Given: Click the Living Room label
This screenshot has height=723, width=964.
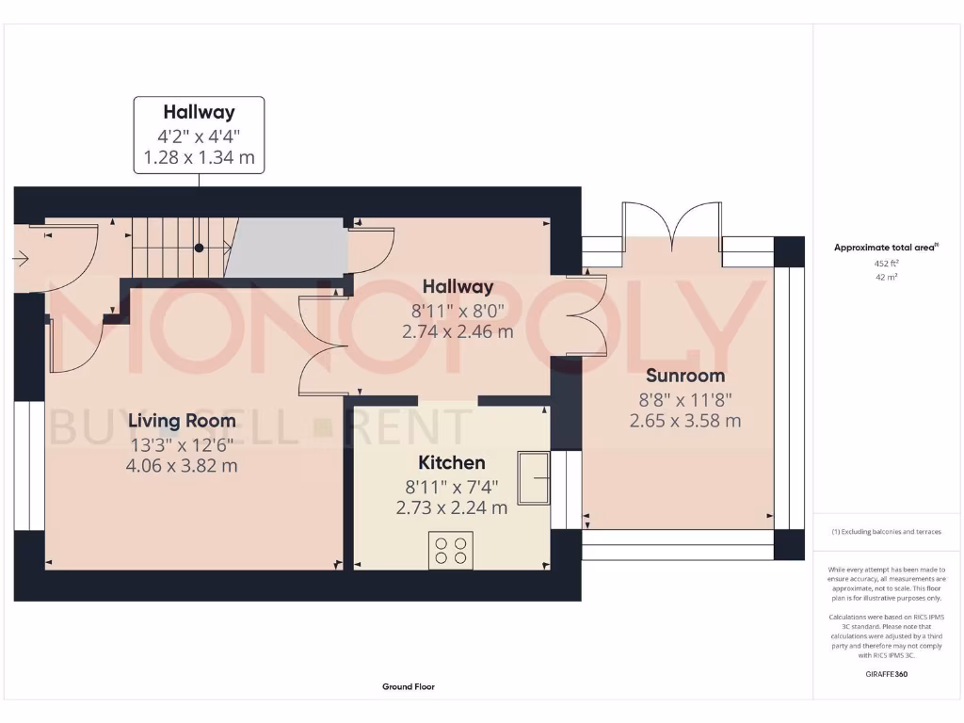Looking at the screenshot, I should coord(183,421).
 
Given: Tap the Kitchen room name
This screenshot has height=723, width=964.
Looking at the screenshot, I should coord(452,462).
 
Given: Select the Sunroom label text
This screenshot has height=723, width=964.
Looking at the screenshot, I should coord(685,376).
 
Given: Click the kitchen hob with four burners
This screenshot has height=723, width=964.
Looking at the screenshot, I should coord(450,550).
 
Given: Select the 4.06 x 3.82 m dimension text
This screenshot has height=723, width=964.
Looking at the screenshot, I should coord(183,465).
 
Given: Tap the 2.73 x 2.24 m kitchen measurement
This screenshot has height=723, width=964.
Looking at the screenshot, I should coord(452,507).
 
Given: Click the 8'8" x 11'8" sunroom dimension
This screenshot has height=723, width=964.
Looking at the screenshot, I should coord(685,398).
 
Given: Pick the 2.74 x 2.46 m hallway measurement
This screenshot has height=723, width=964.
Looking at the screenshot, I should coord(458,331).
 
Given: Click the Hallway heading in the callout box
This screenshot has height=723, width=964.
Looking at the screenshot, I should coord(199,113).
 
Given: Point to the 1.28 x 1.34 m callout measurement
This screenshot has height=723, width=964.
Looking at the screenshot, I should coord(199,157).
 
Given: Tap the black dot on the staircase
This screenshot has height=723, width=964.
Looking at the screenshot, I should coord(200,249).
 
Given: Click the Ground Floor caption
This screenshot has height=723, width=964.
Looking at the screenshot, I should coord(409,687).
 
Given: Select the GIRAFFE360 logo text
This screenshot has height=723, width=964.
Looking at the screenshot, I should coord(885,674).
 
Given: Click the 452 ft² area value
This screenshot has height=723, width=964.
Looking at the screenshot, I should coord(885,265).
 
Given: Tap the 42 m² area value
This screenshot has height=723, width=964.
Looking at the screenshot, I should coord(885,278).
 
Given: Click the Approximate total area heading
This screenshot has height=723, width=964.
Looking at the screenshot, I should coord(885,248).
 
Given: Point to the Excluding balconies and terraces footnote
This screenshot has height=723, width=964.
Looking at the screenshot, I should coord(885,532).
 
